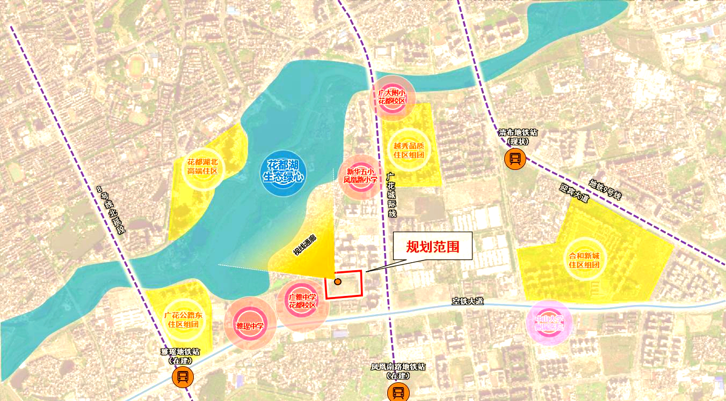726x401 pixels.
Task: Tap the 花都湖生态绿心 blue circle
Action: click(283, 173)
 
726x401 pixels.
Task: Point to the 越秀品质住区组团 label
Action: click(409, 150)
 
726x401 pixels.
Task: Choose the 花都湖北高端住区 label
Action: click(202, 167)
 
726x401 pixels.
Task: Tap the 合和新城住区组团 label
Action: click(584, 260)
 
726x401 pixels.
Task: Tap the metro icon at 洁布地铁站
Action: click(514, 159)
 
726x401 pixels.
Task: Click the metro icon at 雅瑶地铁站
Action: click(182, 377)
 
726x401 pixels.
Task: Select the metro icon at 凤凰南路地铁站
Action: click(398, 393)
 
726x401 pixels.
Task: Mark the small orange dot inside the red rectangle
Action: click(338, 281)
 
